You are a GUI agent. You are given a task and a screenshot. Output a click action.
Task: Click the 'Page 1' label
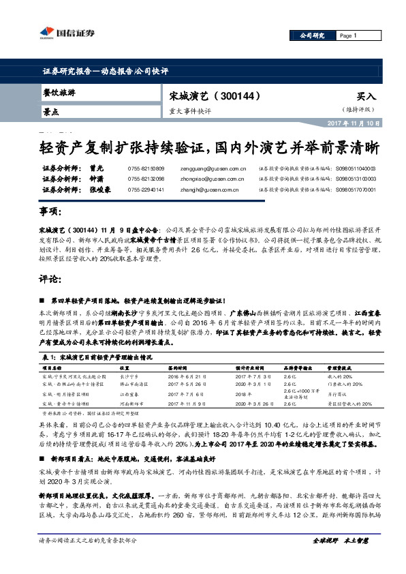coord(348,35)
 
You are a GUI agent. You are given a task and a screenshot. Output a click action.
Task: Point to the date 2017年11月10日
coord(357,123)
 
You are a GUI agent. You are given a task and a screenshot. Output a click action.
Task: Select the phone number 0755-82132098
coord(146,179)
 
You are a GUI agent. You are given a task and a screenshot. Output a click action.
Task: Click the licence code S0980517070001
coord(360,190)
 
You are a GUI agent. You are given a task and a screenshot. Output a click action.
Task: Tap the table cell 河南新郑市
coord(132,402)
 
